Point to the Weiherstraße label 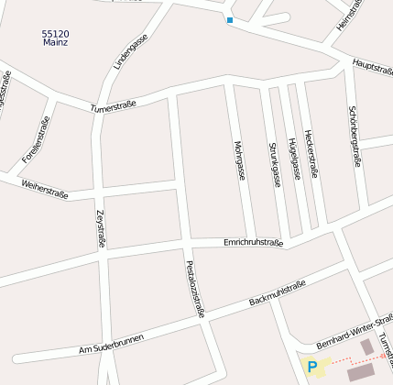coord(43,189)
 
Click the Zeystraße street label coord(101,229)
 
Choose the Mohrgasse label coord(239,159)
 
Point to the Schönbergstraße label coord(355,137)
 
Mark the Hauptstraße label coord(372,66)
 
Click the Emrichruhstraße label coord(254,243)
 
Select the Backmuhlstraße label coord(277,294)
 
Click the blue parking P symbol coord(312,368)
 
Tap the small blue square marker coord(229,20)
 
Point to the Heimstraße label coord(350,16)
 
